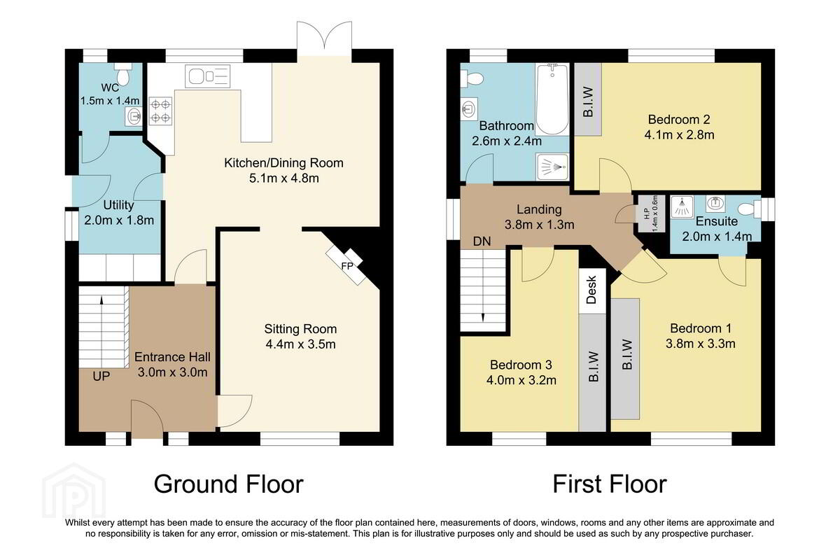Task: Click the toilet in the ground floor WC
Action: coord(123,74)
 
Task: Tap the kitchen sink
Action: coord(207,76)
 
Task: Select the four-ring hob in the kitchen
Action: coord(160,111)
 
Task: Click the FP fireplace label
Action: coord(347,266)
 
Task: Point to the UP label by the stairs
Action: coord(101,376)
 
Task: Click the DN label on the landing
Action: coord(482,241)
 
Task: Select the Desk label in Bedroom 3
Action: coord(591,290)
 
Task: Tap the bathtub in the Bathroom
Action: coord(552,99)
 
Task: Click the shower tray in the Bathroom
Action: coord(552,167)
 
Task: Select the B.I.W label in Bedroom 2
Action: coord(589,102)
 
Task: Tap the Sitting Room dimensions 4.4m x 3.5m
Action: coord(300,344)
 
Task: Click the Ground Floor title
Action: coord(228,484)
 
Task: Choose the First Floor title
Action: coord(610,484)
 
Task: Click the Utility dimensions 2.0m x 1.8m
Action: coord(119,220)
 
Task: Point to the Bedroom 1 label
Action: coord(701,328)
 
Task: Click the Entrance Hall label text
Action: coord(172,357)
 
